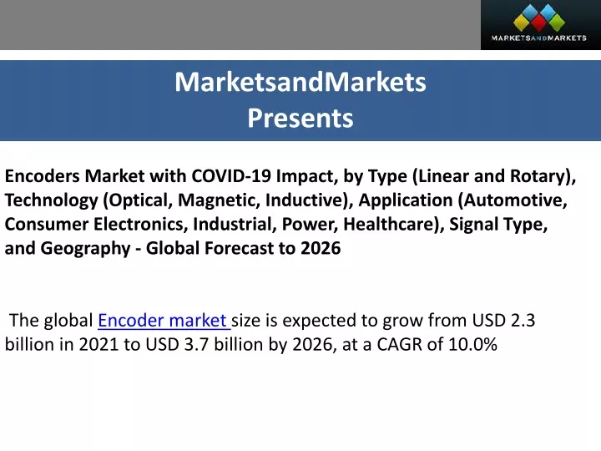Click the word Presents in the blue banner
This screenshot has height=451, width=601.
coord(300,118)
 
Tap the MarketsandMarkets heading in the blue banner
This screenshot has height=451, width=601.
coord(300,82)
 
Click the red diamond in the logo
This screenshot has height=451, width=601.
coord(539,23)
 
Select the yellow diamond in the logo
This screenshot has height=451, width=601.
coord(521,23)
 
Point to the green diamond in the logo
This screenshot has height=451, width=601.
coord(557,23)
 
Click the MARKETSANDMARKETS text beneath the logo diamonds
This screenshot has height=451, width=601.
coord(538,38)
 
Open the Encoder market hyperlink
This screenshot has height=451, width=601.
coord(164,321)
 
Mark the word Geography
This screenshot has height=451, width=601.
coord(85,249)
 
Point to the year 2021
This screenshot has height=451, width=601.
coord(98,344)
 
